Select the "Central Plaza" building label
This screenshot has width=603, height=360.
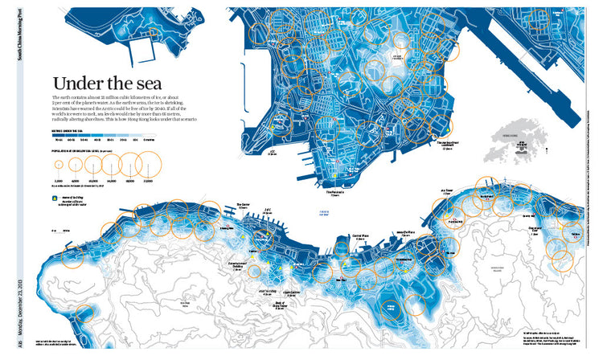(361, 236)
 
